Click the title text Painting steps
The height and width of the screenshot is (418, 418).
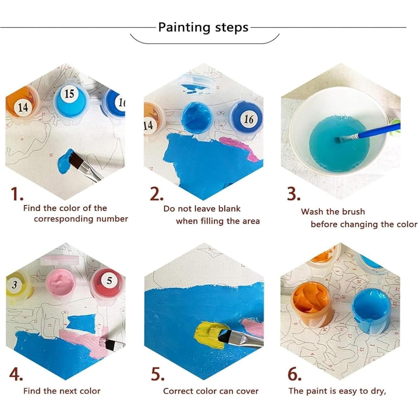coord(203,27)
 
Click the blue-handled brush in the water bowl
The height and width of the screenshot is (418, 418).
coord(371,133)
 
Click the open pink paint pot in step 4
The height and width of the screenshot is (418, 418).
coord(61,282)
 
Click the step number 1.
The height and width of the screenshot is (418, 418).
coord(16,194)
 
